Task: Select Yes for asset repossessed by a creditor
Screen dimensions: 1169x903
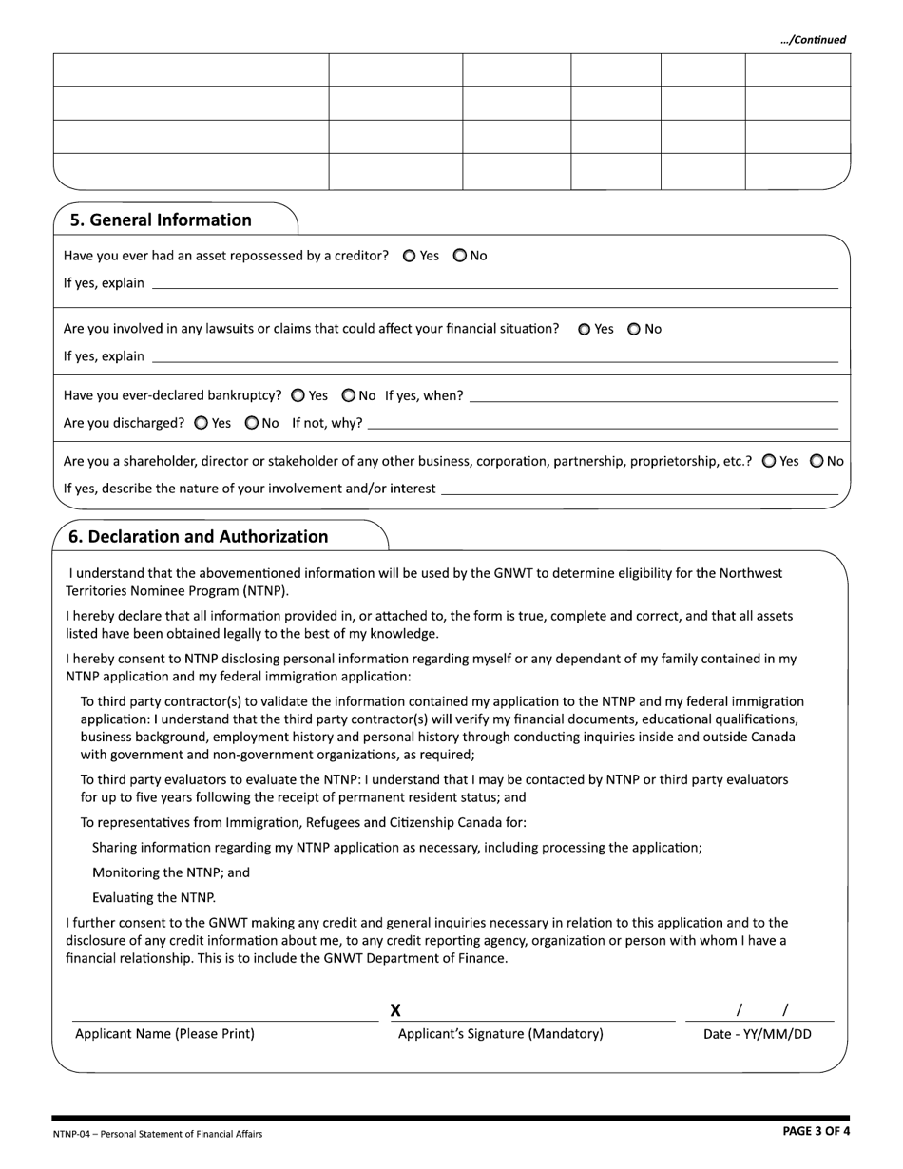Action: point(410,256)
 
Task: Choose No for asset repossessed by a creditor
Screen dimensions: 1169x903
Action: point(459,256)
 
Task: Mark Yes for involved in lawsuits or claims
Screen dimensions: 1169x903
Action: point(584,329)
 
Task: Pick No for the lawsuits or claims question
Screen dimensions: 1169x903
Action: point(634,329)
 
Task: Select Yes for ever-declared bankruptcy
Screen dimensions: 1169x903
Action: point(298,395)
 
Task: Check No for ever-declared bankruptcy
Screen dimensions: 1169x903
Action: point(348,395)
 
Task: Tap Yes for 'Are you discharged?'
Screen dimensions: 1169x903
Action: point(201,423)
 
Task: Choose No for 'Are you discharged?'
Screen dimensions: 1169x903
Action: point(251,423)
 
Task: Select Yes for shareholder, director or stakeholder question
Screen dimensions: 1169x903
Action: point(768,461)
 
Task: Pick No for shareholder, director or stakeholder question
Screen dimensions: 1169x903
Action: point(817,461)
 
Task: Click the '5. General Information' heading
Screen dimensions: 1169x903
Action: point(161,220)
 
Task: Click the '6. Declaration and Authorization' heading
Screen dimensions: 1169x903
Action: point(198,537)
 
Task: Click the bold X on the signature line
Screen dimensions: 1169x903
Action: point(395,1010)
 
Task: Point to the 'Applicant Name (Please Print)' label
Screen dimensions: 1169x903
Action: point(164,1034)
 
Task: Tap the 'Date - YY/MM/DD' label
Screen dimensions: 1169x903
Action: point(757,1034)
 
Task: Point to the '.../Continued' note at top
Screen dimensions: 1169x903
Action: point(812,40)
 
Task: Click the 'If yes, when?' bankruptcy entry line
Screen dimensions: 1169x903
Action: point(654,396)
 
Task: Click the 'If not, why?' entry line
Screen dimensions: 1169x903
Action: point(603,424)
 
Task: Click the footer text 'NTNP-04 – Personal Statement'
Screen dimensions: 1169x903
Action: point(158,1134)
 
